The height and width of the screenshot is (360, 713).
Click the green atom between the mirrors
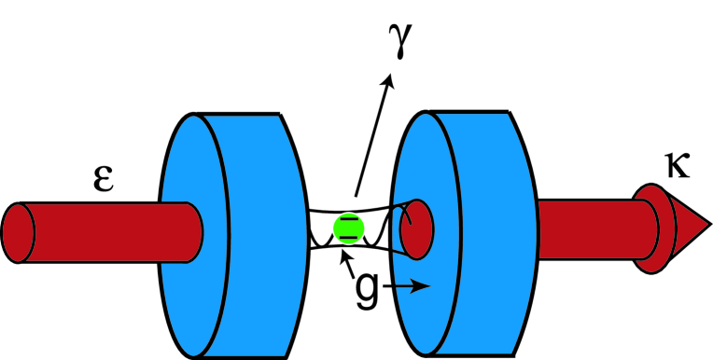pos(348,228)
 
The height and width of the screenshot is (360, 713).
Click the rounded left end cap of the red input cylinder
pos(19,232)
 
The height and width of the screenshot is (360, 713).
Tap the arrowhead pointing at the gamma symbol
pos(389,82)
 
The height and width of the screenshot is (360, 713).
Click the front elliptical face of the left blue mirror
pos(191,233)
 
